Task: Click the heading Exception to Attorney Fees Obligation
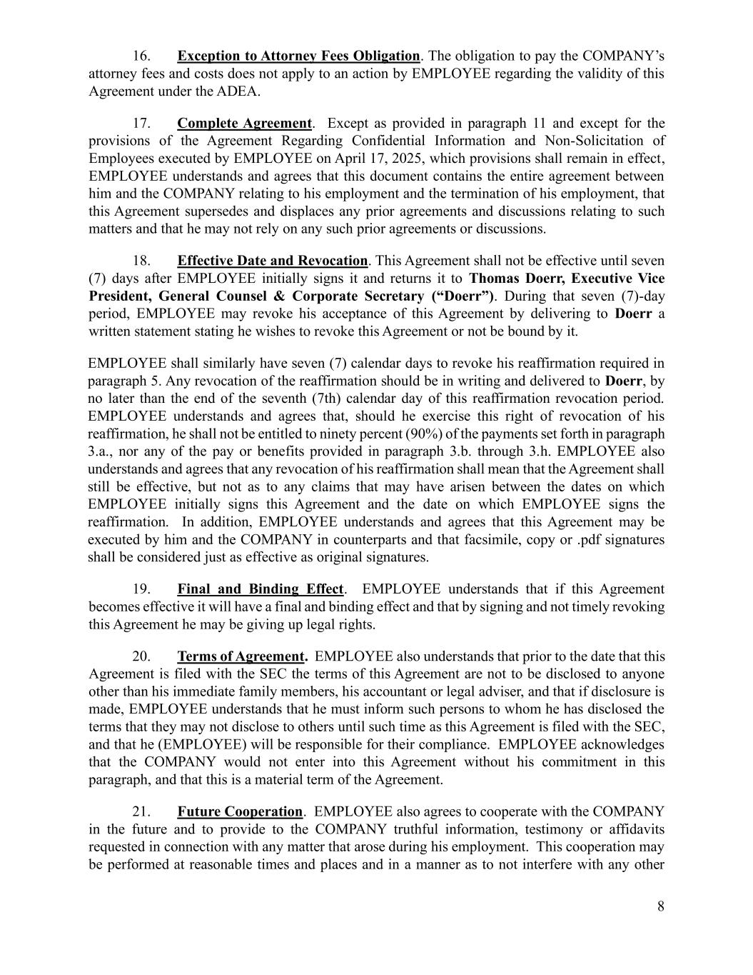(x=298, y=56)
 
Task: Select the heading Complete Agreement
(x=244, y=123)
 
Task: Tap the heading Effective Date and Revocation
(x=272, y=261)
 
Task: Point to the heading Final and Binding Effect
(x=260, y=589)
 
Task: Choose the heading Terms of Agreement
(x=241, y=656)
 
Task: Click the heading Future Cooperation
(x=240, y=812)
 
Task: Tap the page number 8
(x=661, y=907)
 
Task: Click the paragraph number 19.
(x=141, y=589)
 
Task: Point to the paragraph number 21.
(x=141, y=812)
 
